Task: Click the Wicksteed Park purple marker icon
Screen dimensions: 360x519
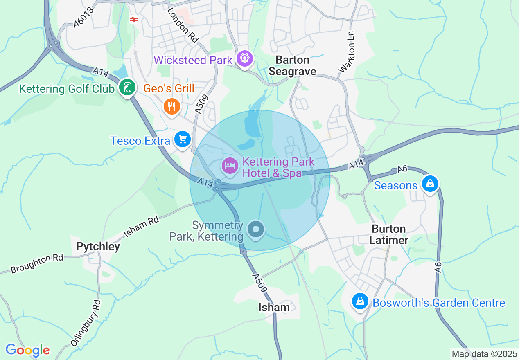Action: pyautogui.click(x=245, y=59)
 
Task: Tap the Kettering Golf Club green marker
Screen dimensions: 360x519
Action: pyautogui.click(x=127, y=87)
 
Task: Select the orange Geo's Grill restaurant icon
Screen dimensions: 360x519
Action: pyautogui.click(x=171, y=107)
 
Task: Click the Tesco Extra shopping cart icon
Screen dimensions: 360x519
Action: pyautogui.click(x=183, y=139)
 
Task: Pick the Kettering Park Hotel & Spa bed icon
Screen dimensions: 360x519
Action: pyautogui.click(x=230, y=166)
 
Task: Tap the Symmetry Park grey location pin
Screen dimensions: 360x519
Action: pyautogui.click(x=257, y=229)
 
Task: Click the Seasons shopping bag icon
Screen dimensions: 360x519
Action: pyautogui.click(x=430, y=184)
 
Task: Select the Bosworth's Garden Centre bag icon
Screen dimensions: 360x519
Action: pyautogui.click(x=360, y=301)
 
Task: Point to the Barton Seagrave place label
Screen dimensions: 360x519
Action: pyautogui.click(x=292, y=65)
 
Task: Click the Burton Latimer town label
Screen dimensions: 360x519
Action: pyautogui.click(x=388, y=234)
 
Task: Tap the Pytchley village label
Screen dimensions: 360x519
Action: pyautogui.click(x=98, y=246)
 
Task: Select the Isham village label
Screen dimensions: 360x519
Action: pyautogui.click(x=274, y=307)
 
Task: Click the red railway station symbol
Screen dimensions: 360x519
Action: pyautogui.click(x=134, y=19)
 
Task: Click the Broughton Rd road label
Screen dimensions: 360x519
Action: pyautogui.click(x=37, y=264)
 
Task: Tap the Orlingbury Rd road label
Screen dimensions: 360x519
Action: pyautogui.click(x=86, y=323)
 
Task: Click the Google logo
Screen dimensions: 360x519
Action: pyautogui.click(x=27, y=350)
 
